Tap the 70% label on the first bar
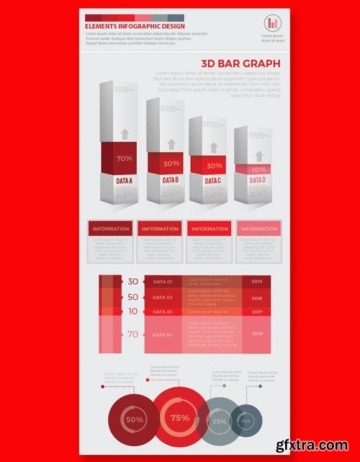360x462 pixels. [x=124, y=158]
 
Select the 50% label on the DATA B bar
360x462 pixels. [x=171, y=163]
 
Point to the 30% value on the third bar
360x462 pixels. [x=214, y=166]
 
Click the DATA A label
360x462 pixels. [x=125, y=180]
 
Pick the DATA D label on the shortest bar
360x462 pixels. [x=258, y=179]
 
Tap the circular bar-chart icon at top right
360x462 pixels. [x=273, y=22]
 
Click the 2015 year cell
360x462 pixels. [x=256, y=281]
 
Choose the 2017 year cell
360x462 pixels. [x=256, y=312]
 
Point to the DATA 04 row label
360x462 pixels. [x=163, y=335]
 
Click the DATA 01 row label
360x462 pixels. [x=163, y=282]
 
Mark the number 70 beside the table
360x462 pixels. [x=132, y=334]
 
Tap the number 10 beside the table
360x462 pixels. [x=132, y=311]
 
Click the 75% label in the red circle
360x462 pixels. [x=180, y=418]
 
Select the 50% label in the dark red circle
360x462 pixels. [x=135, y=419]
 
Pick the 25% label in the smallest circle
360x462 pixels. [x=246, y=421]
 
